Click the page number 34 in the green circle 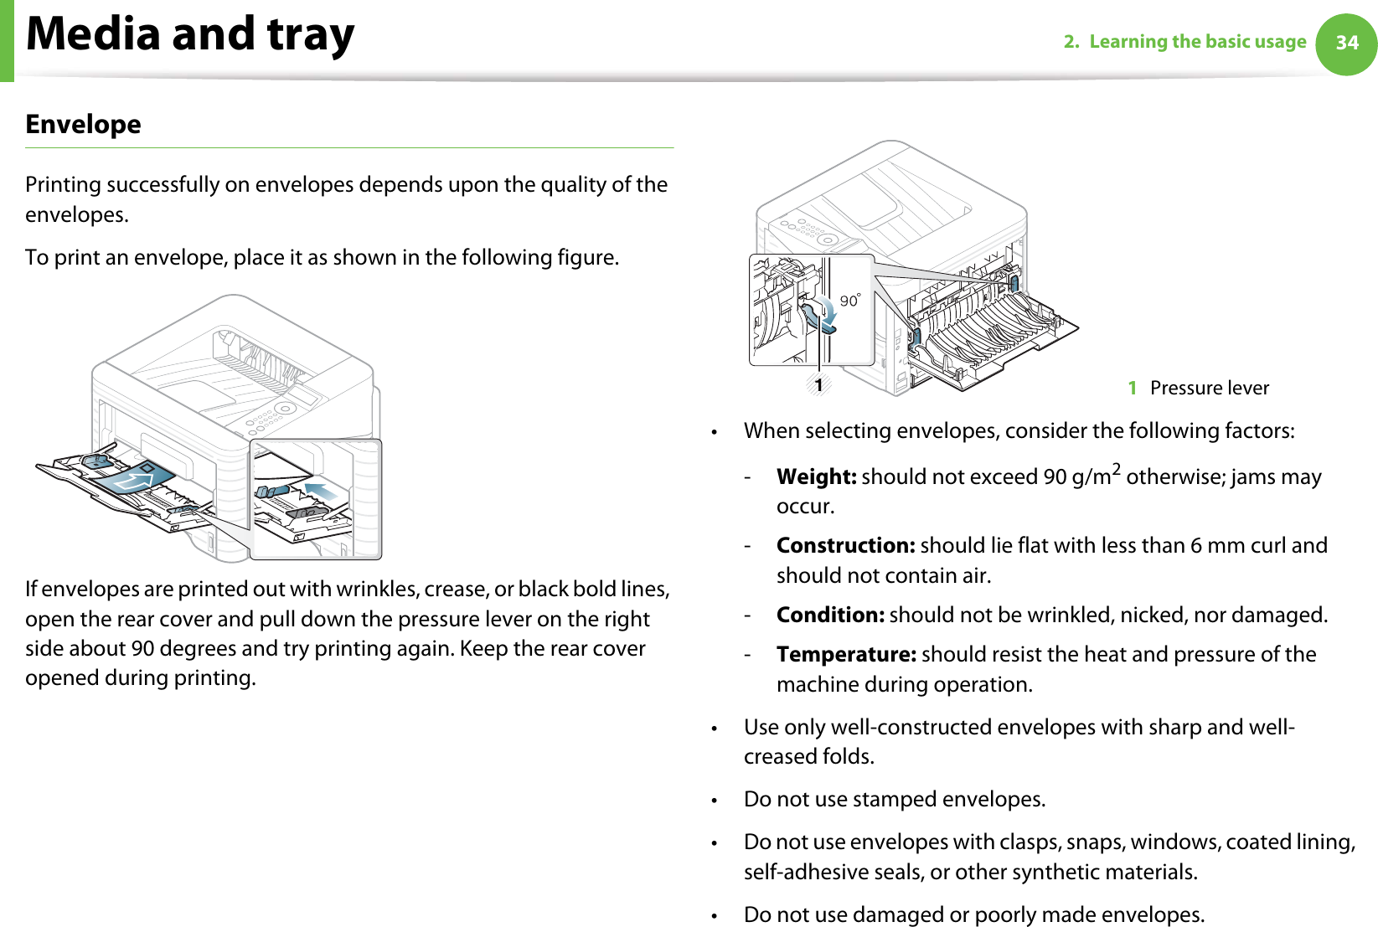pos(1346,43)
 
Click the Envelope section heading pos(83,125)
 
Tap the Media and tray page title pos(190,34)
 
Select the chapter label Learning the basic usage pos(1197,42)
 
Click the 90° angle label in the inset pos(850,300)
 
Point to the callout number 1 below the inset pos(818,385)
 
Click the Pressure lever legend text pos(1209,388)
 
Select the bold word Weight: pos(816,477)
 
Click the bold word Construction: pos(845,546)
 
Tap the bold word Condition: pos(830,615)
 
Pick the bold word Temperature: pos(846,655)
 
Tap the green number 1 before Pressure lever pos(1132,388)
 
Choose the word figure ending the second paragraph pos(586,258)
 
